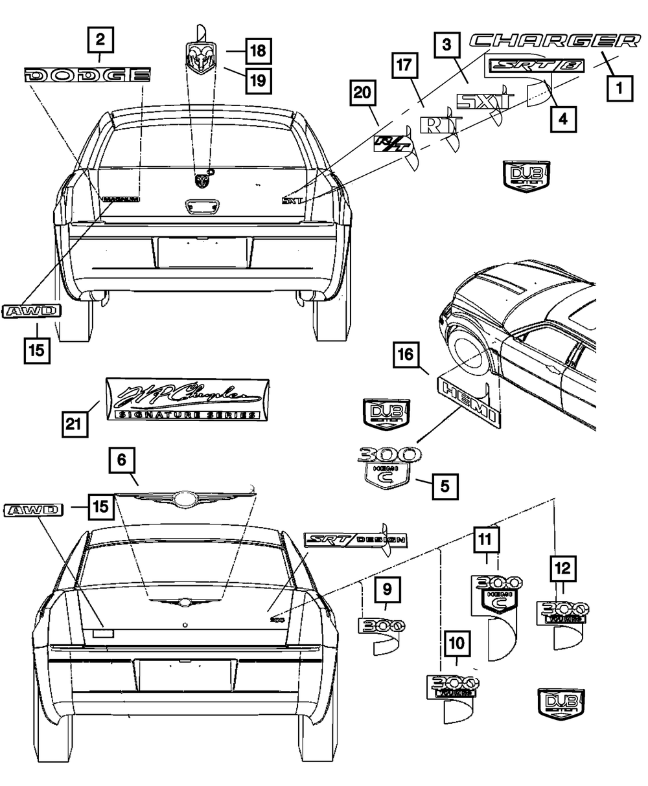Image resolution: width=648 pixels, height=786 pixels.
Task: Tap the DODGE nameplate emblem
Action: [87, 75]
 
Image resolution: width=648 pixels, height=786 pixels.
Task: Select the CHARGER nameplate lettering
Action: [555, 41]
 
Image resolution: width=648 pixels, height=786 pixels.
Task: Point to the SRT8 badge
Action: [537, 66]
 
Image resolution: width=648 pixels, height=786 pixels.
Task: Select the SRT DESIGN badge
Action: [354, 539]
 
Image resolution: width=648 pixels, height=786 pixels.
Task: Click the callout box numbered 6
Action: [122, 462]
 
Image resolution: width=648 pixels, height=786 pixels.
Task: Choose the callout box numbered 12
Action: [562, 570]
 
